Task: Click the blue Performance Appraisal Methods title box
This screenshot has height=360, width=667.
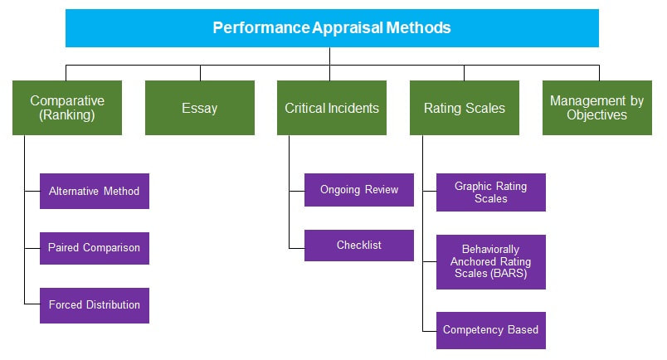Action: point(332,27)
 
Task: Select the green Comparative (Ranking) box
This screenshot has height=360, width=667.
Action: point(67,108)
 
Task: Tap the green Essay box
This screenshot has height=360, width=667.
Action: point(199,108)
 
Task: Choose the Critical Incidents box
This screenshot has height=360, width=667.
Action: point(332,108)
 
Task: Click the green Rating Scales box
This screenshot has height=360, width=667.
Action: point(464,108)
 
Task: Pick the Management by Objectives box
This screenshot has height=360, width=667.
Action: point(596,108)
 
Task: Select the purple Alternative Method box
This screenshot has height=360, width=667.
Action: point(94,191)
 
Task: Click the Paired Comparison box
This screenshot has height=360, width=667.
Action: point(94,248)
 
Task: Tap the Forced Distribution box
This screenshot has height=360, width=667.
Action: point(94,304)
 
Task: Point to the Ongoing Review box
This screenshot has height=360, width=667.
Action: point(358,190)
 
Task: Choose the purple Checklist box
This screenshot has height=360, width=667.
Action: point(358,246)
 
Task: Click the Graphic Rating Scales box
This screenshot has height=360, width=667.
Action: point(490,192)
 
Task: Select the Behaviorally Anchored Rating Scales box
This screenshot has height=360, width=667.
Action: point(490,262)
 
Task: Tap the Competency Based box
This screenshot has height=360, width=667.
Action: point(490,330)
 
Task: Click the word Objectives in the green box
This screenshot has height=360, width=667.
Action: point(596,115)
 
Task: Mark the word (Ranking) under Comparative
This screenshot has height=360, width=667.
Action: point(67,115)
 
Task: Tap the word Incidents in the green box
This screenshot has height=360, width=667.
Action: point(354,108)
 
